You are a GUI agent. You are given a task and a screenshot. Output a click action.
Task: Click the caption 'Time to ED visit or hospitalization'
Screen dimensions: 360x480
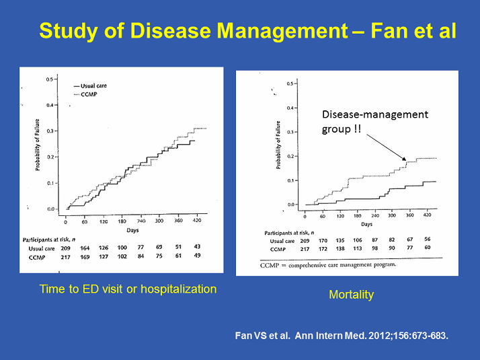128,289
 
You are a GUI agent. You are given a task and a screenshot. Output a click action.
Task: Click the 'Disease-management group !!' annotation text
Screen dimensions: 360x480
373,120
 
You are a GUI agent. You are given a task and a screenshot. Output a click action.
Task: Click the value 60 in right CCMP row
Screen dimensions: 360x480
428,248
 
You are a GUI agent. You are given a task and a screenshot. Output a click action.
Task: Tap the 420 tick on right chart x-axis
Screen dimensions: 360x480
427,217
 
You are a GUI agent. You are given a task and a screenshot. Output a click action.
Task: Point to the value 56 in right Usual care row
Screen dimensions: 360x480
428,240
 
